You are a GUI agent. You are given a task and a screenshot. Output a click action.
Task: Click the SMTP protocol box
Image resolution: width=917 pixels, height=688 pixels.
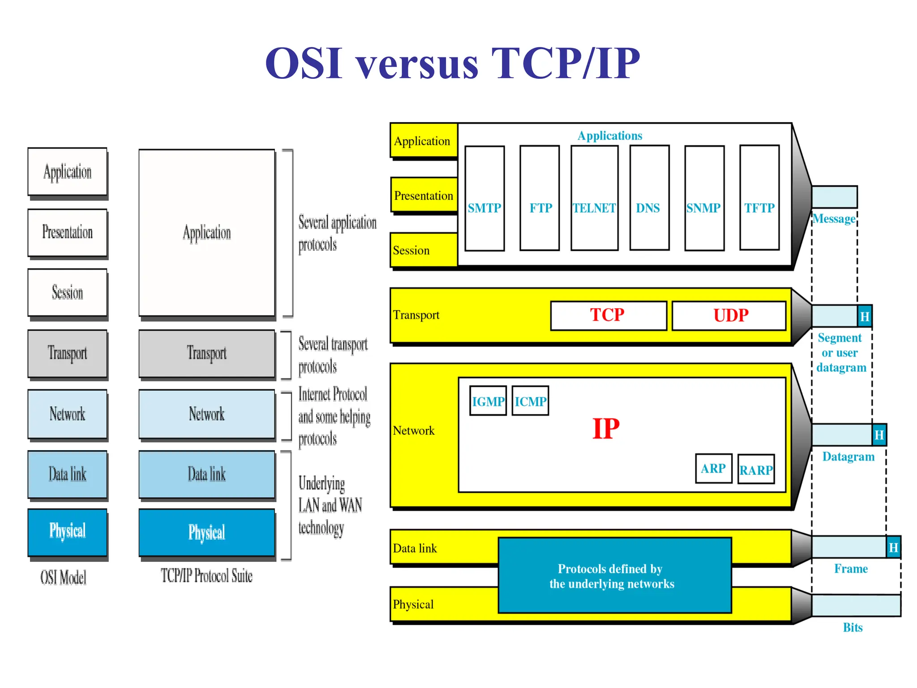point(484,198)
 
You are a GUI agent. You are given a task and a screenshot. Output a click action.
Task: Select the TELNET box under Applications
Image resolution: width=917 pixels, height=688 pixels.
point(594,198)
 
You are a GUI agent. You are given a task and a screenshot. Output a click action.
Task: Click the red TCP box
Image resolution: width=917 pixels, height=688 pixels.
point(608,315)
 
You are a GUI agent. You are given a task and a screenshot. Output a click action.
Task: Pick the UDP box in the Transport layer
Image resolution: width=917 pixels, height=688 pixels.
point(729,315)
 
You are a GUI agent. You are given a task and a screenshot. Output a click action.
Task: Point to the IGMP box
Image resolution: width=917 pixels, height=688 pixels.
point(488,401)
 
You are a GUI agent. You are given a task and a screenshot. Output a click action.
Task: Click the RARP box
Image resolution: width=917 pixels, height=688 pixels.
point(756,469)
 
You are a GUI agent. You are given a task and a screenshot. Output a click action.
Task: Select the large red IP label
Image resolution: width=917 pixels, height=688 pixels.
point(606,429)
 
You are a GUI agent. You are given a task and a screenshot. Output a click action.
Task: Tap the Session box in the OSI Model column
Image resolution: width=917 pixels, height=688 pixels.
point(67,292)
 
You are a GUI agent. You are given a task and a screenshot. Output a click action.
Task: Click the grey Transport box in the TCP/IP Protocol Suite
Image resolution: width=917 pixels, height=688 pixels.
point(206,353)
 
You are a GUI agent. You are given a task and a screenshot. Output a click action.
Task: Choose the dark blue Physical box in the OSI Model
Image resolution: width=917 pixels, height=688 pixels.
point(67,532)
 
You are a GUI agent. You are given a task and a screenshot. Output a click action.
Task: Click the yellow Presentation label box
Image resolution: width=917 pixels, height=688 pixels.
point(423,195)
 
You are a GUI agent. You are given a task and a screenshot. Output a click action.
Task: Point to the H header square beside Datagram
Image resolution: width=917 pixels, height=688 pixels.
point(879,434)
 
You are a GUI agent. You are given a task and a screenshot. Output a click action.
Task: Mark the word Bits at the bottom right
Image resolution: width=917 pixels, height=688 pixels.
point(853,628)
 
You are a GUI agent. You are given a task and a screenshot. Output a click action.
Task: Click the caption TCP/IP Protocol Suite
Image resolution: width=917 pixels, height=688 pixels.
point(206,576)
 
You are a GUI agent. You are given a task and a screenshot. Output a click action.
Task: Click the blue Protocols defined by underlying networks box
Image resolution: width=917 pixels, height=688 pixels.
point(614,576)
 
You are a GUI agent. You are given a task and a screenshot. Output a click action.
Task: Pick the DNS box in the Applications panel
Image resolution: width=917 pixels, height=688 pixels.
point(649,198)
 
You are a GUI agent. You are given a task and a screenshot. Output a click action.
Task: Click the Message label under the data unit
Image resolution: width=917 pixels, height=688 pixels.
point(834,219)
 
